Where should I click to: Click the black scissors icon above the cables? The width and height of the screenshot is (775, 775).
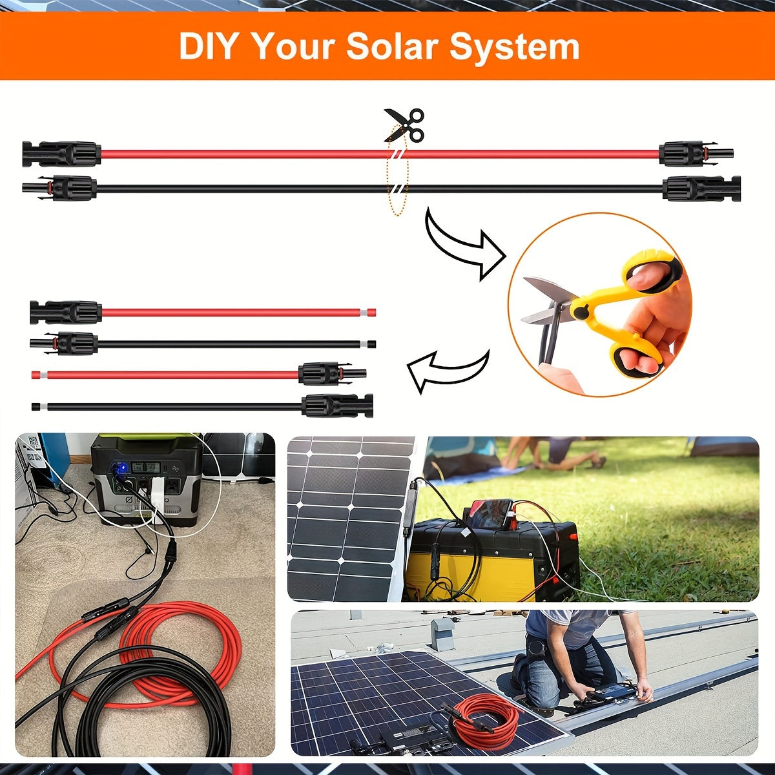pos(405,124)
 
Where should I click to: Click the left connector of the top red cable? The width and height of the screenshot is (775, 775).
pos(61,154)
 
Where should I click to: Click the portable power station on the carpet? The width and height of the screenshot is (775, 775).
pos(145,478)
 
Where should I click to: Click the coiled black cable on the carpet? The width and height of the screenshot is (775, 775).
pos(142,704)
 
